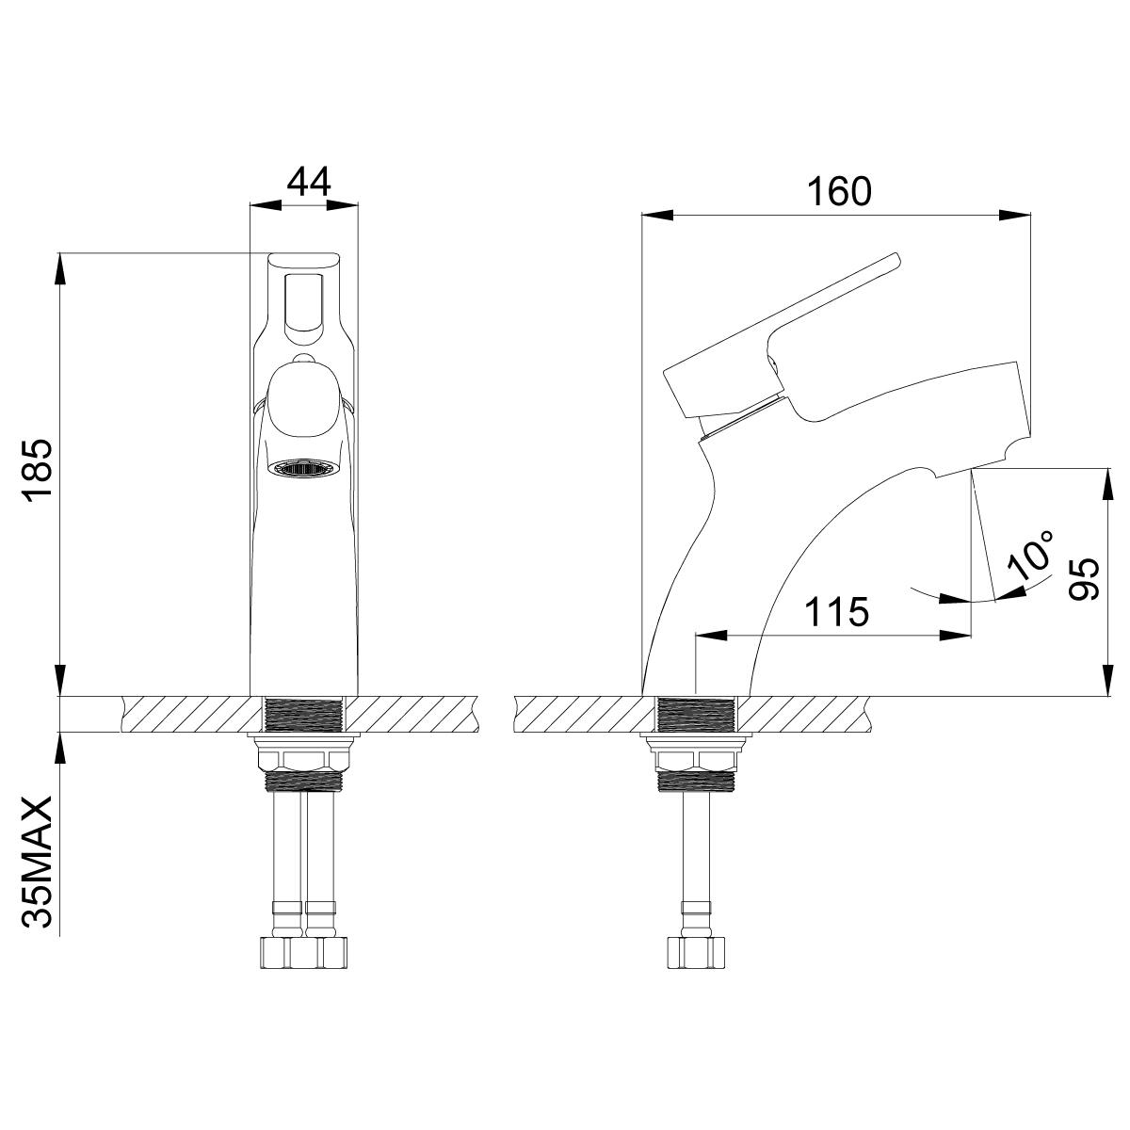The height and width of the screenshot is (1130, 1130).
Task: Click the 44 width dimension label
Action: [x=309, y=182]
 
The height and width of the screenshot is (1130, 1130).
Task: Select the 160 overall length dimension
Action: [x=839, y=191]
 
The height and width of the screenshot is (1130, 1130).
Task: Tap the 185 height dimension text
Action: [x=38, y=470]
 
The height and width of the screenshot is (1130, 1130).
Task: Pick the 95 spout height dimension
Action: [x=1083, y=579]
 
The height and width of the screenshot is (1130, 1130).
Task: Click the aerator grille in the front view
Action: [x=304, y=469]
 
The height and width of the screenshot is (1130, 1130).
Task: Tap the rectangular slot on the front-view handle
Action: [x=304, y=307]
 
